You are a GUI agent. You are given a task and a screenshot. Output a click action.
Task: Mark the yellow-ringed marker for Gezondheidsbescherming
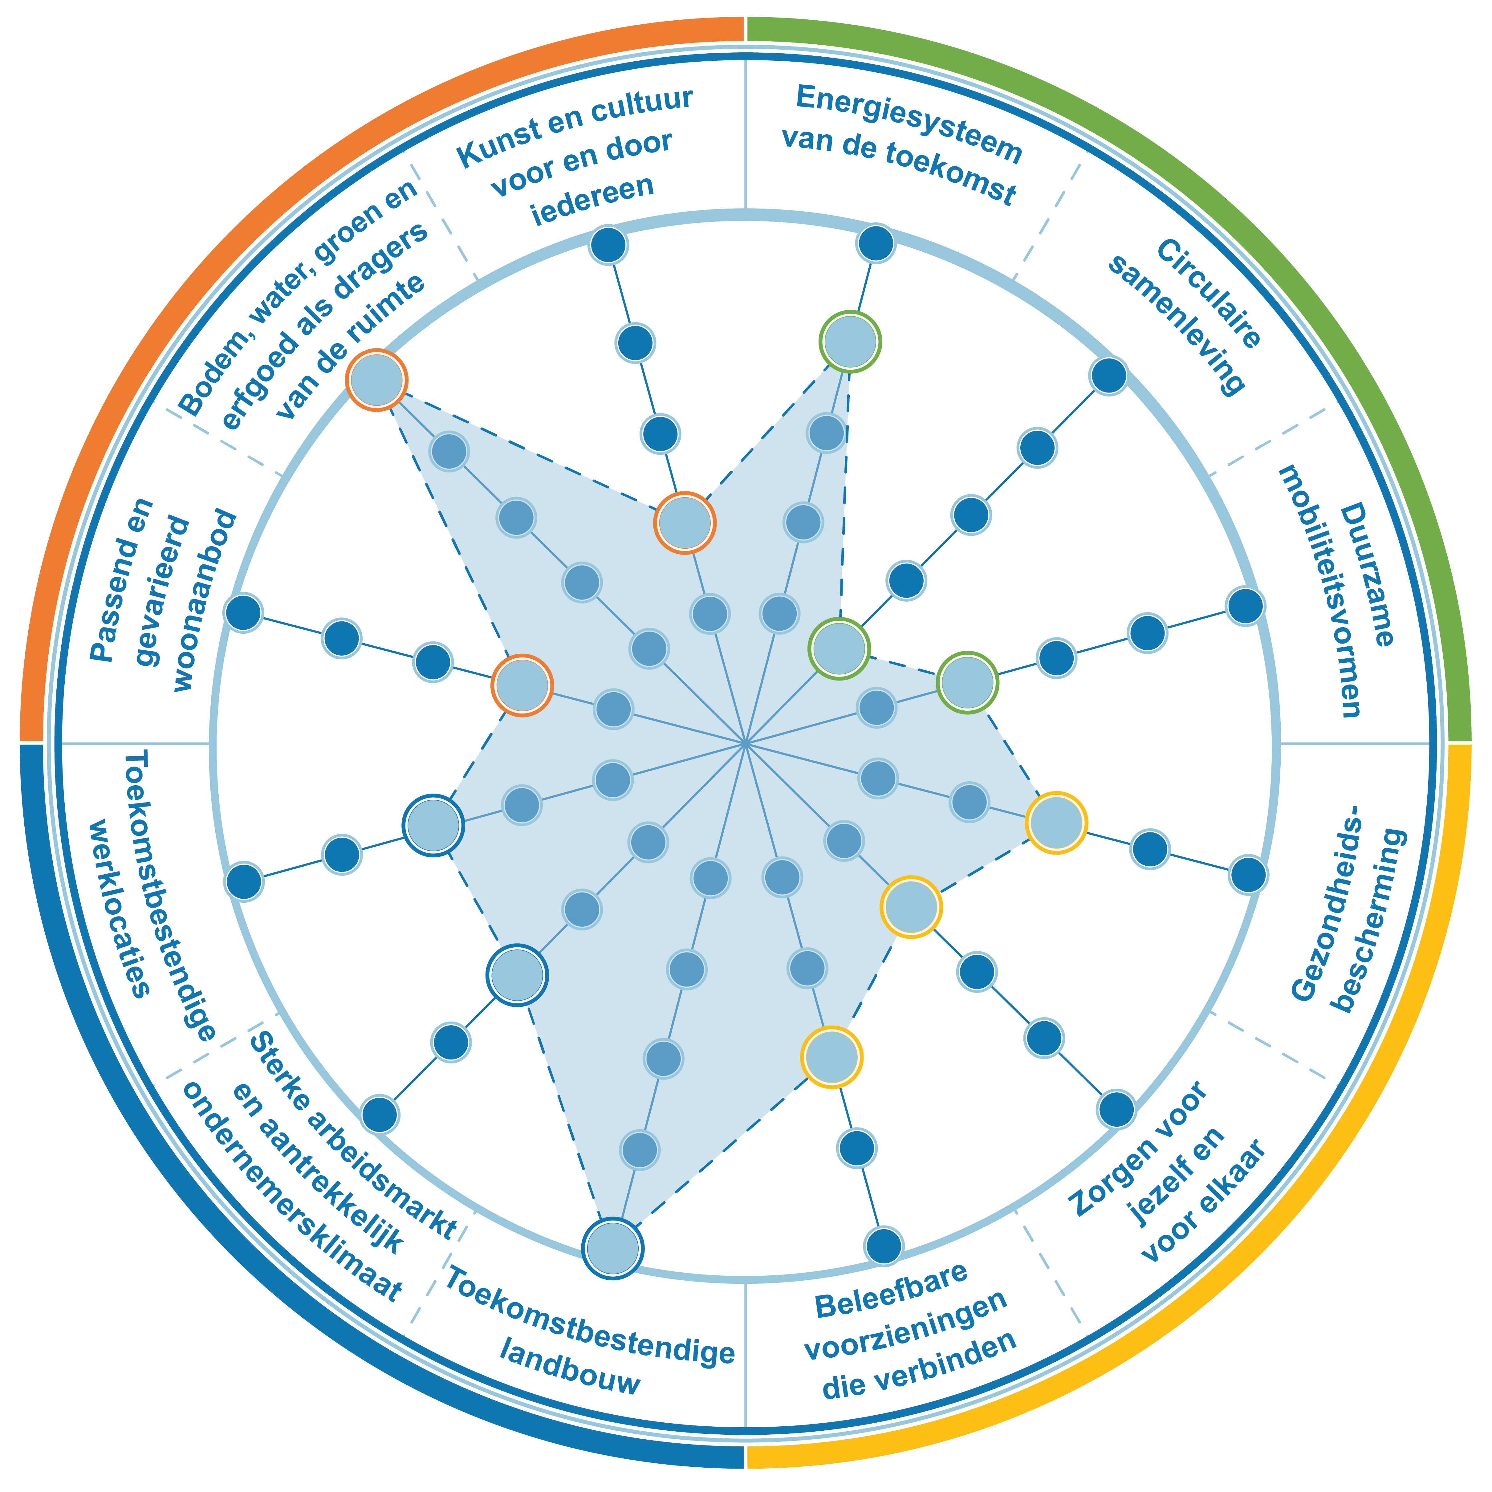[1056, 823]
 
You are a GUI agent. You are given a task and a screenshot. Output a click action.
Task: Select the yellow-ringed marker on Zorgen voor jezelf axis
[911, 907]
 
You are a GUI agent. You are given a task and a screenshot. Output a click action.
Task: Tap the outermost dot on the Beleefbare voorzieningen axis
[884, 1245]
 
